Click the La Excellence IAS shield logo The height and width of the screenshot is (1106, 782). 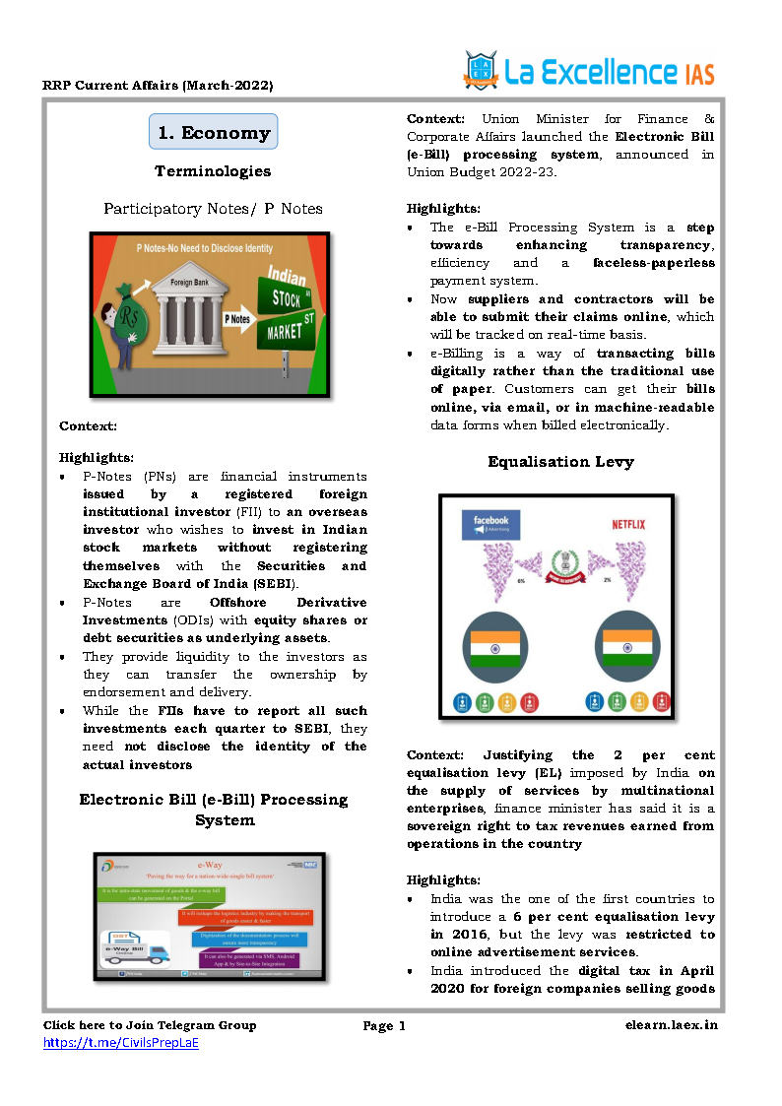click(482, 70)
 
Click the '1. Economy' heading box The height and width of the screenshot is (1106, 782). click(214, 133)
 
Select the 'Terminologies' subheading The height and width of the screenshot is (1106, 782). click(213, 171)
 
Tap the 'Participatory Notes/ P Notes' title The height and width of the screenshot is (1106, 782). click(214, 209)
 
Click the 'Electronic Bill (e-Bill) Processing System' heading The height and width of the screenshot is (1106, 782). click(214, 809)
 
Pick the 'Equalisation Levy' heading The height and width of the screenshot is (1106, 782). click(560, 462)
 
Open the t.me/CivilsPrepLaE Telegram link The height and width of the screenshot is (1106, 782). click(120, 1042)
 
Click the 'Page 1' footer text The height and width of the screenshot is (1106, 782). click(384, 1026)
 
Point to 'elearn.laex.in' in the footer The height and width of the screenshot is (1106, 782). click(671, 1025)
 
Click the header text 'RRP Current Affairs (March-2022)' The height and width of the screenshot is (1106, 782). click(158, 86)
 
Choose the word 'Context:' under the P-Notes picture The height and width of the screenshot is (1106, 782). click(88, 425)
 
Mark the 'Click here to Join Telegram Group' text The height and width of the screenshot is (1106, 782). click(150, 1025)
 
